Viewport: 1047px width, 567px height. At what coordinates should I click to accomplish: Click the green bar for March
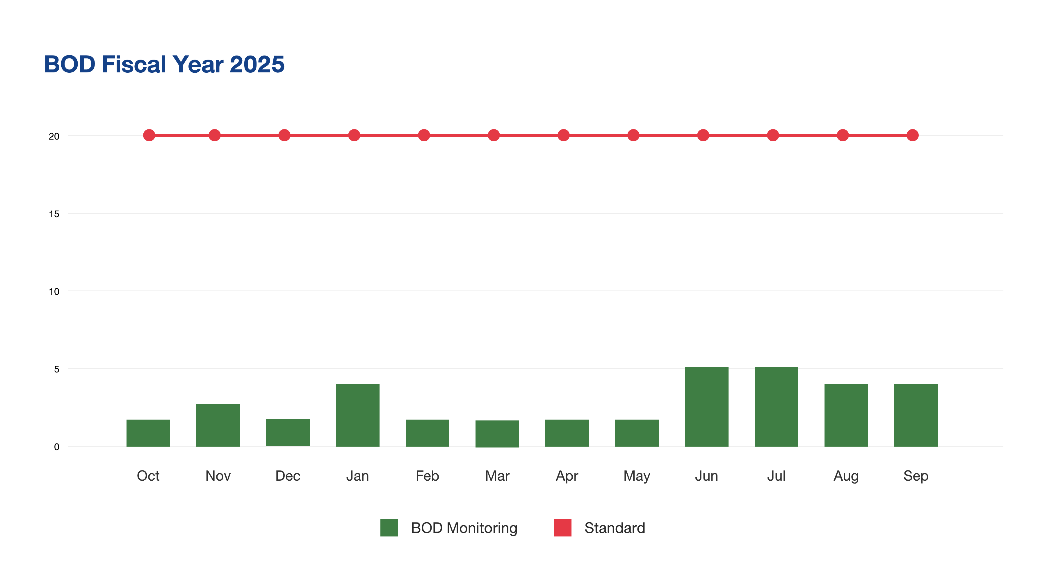tap(497, 434)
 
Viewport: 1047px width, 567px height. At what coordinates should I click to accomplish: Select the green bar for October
tap(148, 433)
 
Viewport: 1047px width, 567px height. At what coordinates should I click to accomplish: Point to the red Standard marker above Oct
tap(149, 135)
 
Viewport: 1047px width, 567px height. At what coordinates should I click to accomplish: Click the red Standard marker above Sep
tap(912, 135)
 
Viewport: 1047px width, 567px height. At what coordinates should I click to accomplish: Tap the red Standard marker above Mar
tap(494, 135)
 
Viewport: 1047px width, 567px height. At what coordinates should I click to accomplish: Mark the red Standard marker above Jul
tap(773, 135)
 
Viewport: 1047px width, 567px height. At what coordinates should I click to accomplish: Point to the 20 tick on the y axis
tap(54, 136)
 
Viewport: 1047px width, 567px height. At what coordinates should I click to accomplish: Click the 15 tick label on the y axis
tap(54, 214)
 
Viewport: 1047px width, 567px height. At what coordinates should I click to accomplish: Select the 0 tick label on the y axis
tap(56, 447)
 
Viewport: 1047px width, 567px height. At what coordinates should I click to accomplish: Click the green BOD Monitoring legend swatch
tap(389, 527)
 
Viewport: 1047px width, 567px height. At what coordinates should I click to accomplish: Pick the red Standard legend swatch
tap(562, 527)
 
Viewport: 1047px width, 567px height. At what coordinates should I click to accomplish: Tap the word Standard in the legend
tap(615, 527)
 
